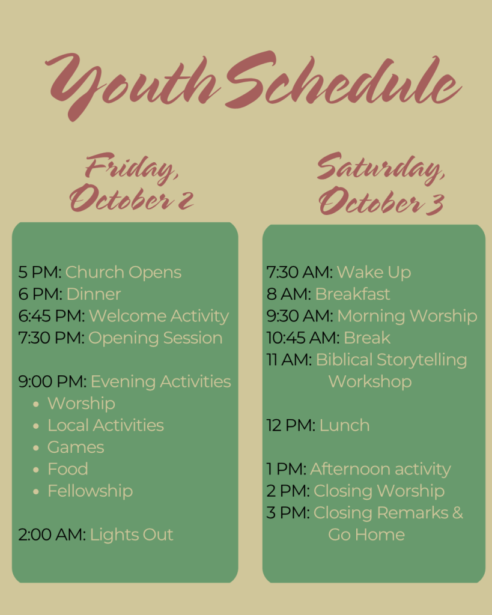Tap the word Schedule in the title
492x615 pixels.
(x=342, y=80)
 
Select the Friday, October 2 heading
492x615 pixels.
(x=132, y=182)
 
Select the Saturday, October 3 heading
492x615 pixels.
(x=381, y=184)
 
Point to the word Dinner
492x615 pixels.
(x=94, y=294)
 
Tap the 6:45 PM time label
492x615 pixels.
(x=52, y=316)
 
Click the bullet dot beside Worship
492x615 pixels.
(x=36, y=404)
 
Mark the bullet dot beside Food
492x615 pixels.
(x=36, y=470)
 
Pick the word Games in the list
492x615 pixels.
(x=76, y=447)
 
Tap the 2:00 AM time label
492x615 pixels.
(x=52, y=535)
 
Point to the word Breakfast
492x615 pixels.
(x=353, y=294)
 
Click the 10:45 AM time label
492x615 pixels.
(x=303, y=338)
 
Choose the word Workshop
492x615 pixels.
(x=370, y=382)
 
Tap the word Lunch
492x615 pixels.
(x=344, y=426)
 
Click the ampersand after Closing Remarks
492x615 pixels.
(x=458, y=513)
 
